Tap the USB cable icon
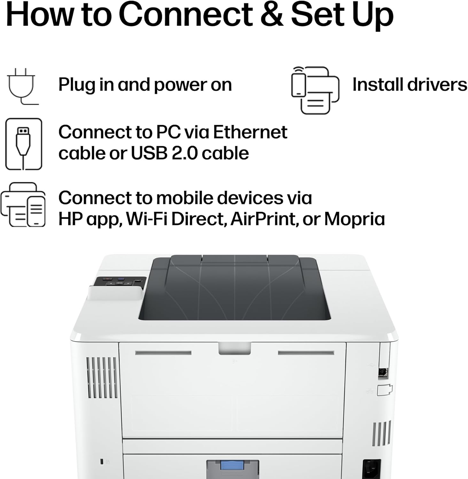[24, 144]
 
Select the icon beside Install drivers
[315, 90]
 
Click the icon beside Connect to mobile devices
[23, 204]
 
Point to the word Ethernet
[250, 132]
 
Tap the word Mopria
[355, 219]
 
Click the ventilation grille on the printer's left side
[102, 378]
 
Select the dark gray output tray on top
[235, 287]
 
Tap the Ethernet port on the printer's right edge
[383, 372]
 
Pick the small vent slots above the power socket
[381, 434]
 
